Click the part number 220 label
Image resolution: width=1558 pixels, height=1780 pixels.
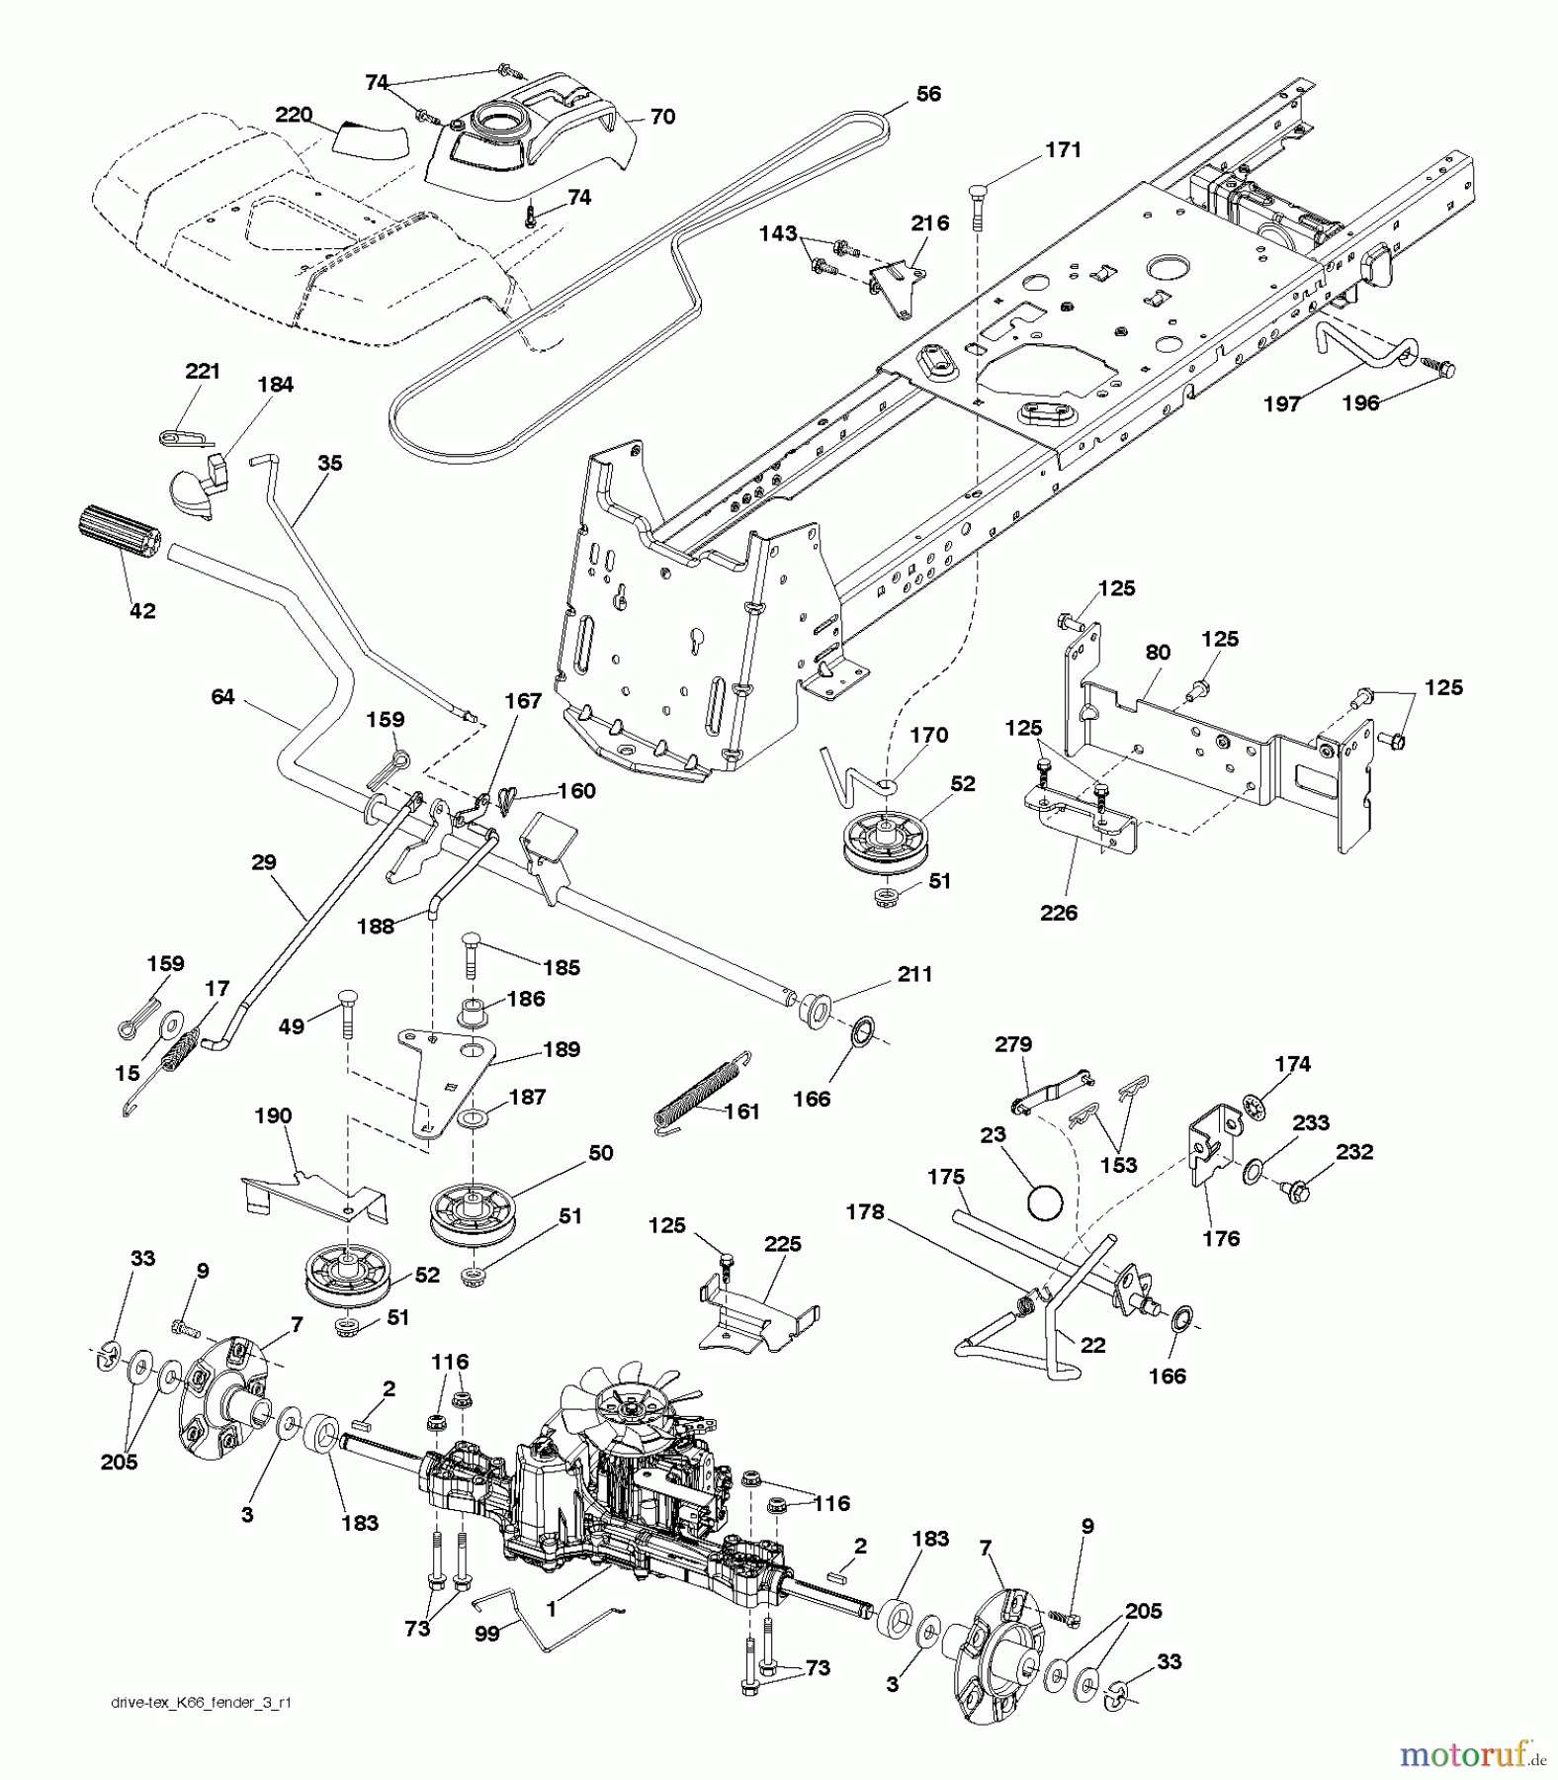pyautogui.click(x=294, y=115)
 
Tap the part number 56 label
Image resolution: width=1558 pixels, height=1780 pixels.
pyautogui.click(x=928, y=94)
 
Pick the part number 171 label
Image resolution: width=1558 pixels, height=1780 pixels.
pyautogui.click(x=1063, y=149)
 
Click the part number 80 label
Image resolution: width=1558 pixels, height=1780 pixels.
pyautogui.click(x=1158, y=653)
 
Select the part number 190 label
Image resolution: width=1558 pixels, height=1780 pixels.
pyautogui.click(x=273, y=1115)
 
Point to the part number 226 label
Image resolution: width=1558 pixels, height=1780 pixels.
pyautogui.click(x=1058, y=913)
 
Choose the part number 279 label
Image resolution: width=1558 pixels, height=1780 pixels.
pyautogui.click(x=1014, y=1043)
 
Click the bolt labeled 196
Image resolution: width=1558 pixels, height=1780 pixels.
pyautogui.click(x=1439, y=371)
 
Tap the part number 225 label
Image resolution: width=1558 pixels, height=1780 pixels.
pyautogui.click(x=783, y=1244)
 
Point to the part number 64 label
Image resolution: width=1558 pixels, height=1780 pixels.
pyautogui.click(x=223, y=696)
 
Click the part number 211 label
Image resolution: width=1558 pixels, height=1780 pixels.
pyautogui.click(x=914, y=974)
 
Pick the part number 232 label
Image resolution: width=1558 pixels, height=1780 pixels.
pyautogui.click(x=1353, y=1152)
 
